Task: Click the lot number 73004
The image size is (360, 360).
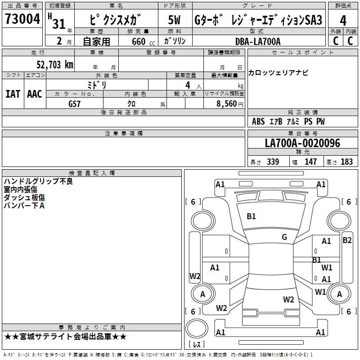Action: (x=22, y=19)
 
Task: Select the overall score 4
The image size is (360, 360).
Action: (x=343, y=21)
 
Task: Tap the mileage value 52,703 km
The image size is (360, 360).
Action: (x=55, y=65)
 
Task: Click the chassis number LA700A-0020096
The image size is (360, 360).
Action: (x=302, y=143)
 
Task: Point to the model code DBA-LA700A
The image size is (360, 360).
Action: (x=258, y=41)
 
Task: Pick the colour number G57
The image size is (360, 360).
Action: (x=74, y=104)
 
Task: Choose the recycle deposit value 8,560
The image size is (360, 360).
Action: (x=226, y=104)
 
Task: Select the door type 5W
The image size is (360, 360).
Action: (x=174, y=20)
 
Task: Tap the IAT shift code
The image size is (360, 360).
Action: (x=13, y=94)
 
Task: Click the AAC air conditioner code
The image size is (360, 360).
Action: (x=35, y=94)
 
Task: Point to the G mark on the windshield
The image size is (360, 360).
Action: (x=284, y=237)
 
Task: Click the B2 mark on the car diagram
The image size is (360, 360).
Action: (x=347, y=240)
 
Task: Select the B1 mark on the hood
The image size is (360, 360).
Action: (x=251, y=216)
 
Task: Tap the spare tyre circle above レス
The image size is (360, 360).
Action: (x=197, y=328)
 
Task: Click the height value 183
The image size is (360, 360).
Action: (x=346, y=162)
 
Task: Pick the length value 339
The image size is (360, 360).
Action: (x=273, y=162)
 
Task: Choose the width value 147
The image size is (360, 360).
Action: (x=310, y=162)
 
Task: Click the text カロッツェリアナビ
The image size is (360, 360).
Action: (x=278, y=73)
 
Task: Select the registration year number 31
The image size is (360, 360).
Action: (x=59, y=24)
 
